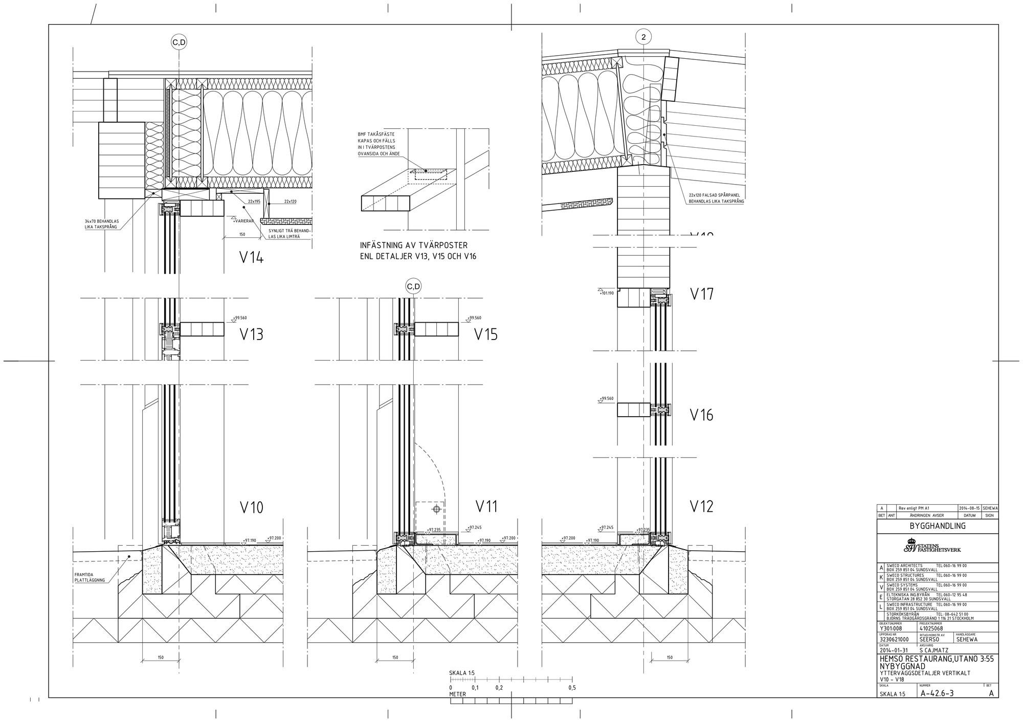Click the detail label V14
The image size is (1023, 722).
pos(252,257)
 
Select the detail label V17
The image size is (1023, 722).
pos(701,294)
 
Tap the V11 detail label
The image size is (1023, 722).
pos(486,506)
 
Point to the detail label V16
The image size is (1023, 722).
pos(701,415)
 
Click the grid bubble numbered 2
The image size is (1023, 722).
pos(643,37)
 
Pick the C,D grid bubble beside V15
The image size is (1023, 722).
pos(413,287)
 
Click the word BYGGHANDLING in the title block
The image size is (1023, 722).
pos(937,526)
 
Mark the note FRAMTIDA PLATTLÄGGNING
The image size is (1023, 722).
pos(90,577)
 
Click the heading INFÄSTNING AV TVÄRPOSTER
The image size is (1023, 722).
pos(413,245)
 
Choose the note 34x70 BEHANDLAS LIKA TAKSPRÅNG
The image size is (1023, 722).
pos(102,224)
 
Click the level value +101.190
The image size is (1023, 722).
pos(607,293)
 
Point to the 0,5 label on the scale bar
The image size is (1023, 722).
pos(572,688)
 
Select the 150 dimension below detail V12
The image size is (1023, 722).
pos(670,657)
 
